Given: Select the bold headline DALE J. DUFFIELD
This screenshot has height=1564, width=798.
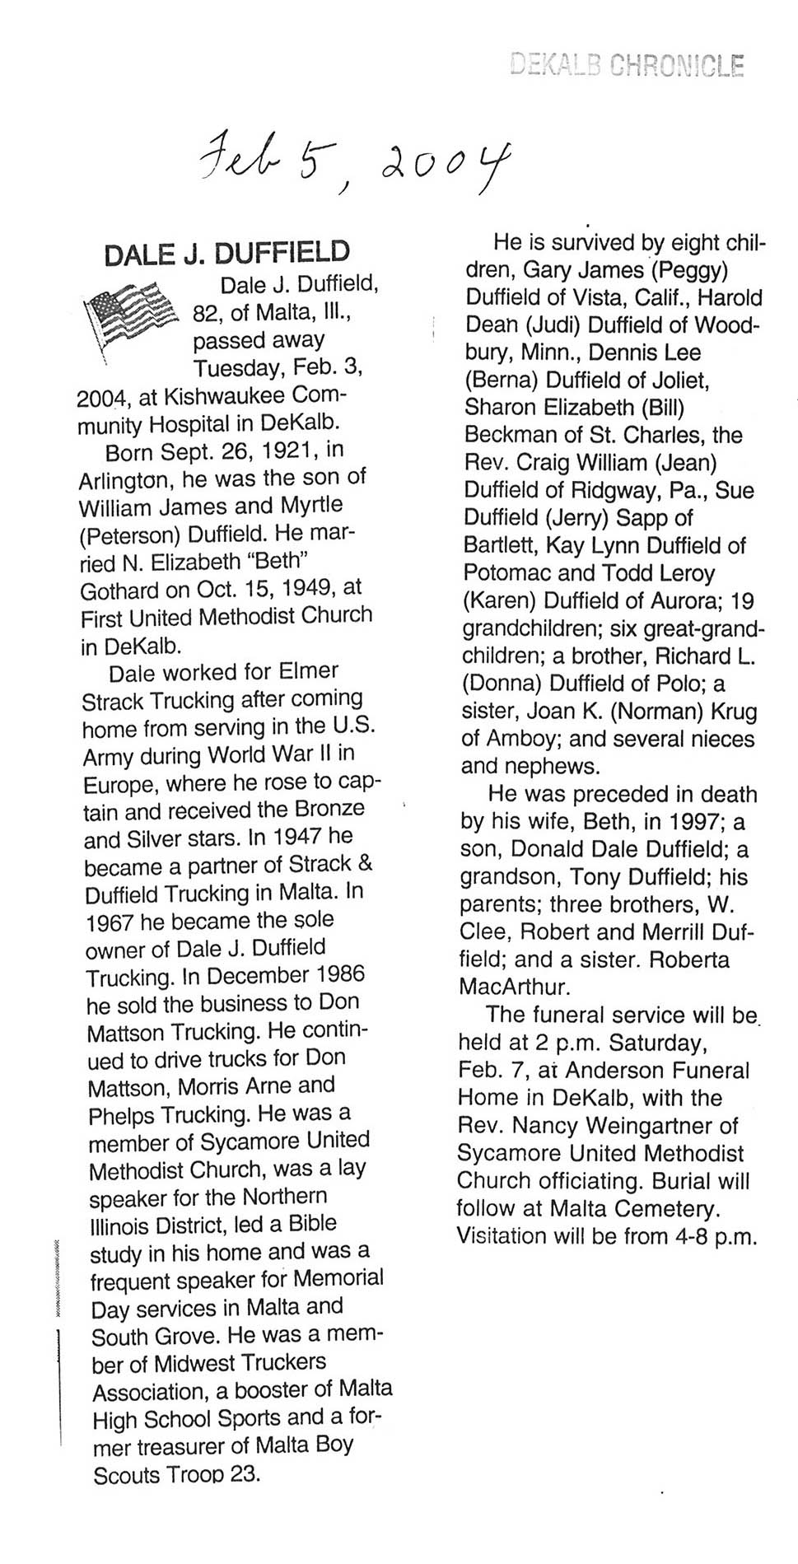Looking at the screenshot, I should (x=226, y=253).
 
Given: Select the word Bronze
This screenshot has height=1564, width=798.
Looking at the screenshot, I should (x=329, y=810).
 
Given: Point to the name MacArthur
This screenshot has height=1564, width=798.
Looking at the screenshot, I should (x=514, y=986).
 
